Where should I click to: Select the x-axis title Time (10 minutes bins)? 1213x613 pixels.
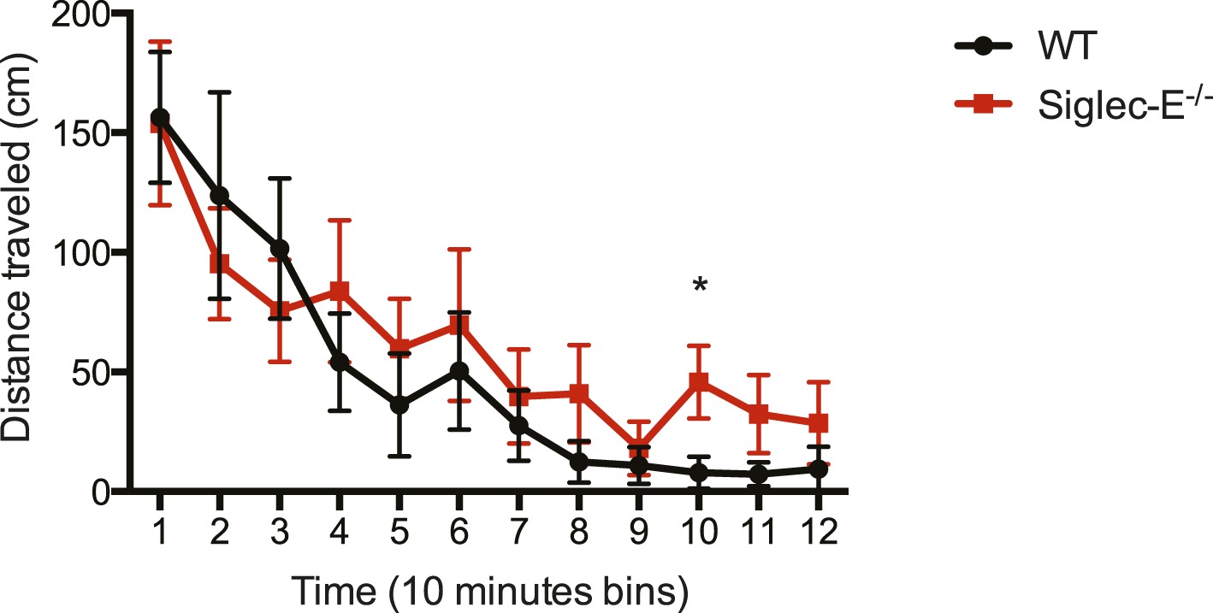[491, 589]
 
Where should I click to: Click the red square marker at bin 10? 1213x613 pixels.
[700, 381]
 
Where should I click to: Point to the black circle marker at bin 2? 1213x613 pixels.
[220, 196]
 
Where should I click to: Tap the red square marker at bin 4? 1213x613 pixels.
[340, 291]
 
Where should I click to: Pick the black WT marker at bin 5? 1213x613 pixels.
[399, 404]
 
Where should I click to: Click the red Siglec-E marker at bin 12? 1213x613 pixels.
[819, 422]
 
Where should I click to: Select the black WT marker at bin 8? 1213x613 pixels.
[579, 462]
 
